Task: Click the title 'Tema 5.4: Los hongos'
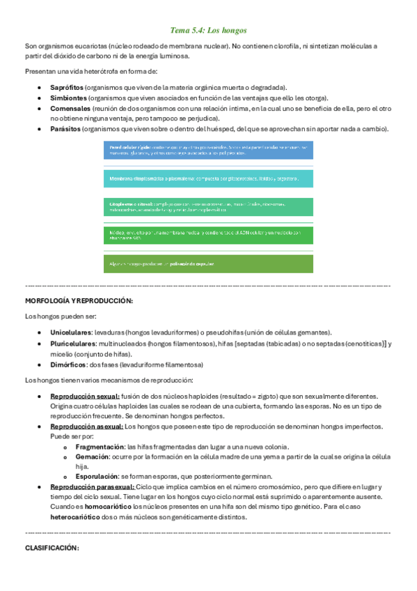coord(208,31)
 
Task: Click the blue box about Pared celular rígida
coord(208,151)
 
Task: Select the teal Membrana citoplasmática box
coord(208,179)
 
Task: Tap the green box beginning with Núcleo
coord(208,235)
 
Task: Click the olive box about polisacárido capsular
coord(208,263)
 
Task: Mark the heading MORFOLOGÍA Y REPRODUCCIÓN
coord(78,301)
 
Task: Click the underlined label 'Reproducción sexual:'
coord(83,396)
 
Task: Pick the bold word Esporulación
coord(96,477)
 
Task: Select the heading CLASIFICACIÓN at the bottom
coord(52,548)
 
